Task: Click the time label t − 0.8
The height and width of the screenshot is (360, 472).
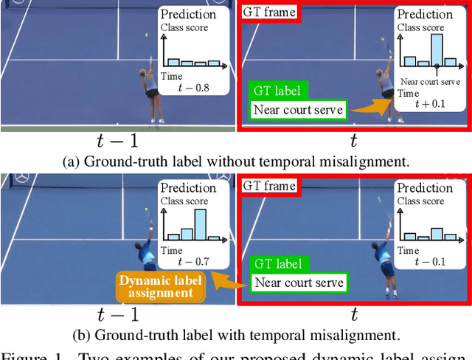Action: coord(194,89)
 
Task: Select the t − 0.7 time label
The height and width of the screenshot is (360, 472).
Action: coord(194,262)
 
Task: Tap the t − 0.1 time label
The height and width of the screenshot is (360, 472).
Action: coord(431,262)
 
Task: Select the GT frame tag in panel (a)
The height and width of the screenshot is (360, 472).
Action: coord(269,13)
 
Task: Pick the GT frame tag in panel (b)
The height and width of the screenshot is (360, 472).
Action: coord(269,186)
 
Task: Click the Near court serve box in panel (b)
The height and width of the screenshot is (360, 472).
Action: coord(298,283)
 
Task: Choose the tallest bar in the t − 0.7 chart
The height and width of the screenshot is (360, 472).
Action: coord(200,224)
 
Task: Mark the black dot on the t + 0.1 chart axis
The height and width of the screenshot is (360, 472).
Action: coord(437,67)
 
